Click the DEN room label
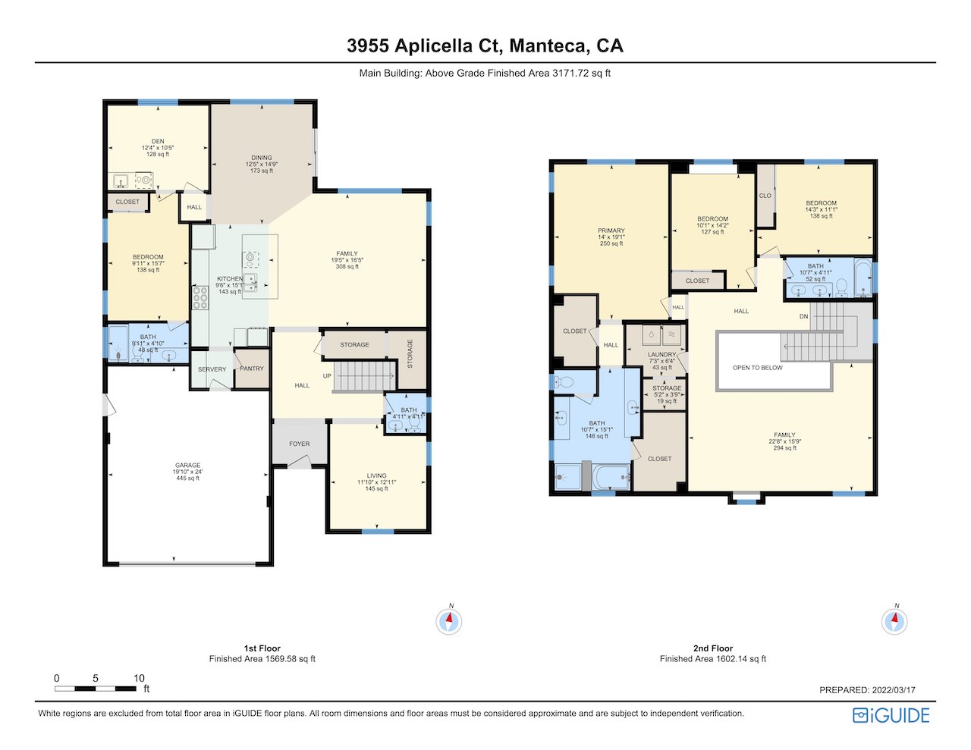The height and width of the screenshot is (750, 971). [158, 141]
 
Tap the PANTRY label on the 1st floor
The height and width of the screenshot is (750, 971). [252, 369]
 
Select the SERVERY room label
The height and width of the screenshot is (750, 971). [212, 369]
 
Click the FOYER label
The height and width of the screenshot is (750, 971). [300, 444]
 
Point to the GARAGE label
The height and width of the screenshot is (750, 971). [187, 465]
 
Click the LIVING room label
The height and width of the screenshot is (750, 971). [377, 475]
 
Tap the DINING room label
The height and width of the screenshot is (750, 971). [262, 158]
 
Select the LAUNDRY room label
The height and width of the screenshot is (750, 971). [661, 354]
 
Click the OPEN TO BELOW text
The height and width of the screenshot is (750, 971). [757, 368]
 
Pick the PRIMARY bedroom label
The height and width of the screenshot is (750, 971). [611, 231]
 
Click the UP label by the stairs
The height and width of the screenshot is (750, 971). [327, 375]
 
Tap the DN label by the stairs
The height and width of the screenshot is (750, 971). [804, 316]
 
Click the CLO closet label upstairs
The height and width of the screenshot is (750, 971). [765, 195]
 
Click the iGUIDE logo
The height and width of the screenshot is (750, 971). [891, 715]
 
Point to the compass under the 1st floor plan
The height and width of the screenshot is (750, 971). [449, 621]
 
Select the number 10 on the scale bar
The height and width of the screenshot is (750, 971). [139, 678]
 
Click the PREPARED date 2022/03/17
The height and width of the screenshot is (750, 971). [893, 689]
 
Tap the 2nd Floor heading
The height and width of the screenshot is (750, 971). [713, 648]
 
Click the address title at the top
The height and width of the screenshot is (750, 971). [485, 46]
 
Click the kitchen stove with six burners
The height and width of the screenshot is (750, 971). [200, 297]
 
